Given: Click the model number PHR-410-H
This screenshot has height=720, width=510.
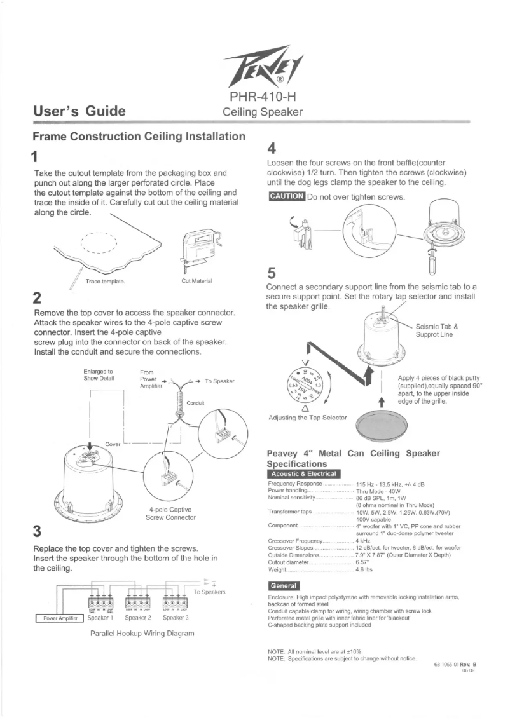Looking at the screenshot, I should pos(260,97).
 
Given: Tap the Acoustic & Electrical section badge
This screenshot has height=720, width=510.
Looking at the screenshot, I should pos(305,473).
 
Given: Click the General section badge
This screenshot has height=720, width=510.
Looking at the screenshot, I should pos(284,585).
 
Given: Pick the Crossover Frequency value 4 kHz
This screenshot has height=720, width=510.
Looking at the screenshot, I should pos(364,540).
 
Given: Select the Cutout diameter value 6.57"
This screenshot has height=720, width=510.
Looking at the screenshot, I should pos(364,562).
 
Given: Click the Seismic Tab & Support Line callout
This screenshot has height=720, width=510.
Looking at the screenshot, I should pos(436,330).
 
